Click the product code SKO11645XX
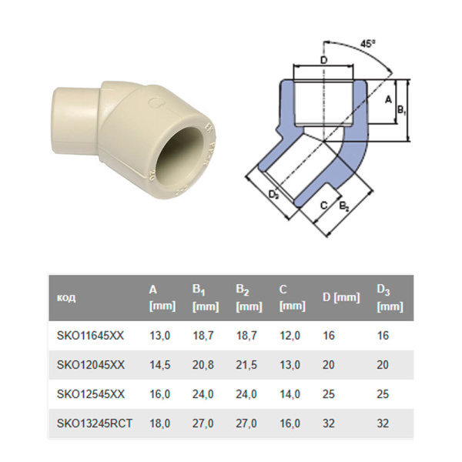click(x=90, y=336)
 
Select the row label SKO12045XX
click(x=90, y=364)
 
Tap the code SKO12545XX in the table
click(x=90, y=393)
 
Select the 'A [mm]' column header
click(x=161, y=298)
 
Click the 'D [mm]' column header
click(x=340, y=298)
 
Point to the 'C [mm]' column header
click(x=292, y=298)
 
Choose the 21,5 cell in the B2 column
click(x=246, y=364)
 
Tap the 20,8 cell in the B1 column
click(x=203, y=364)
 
